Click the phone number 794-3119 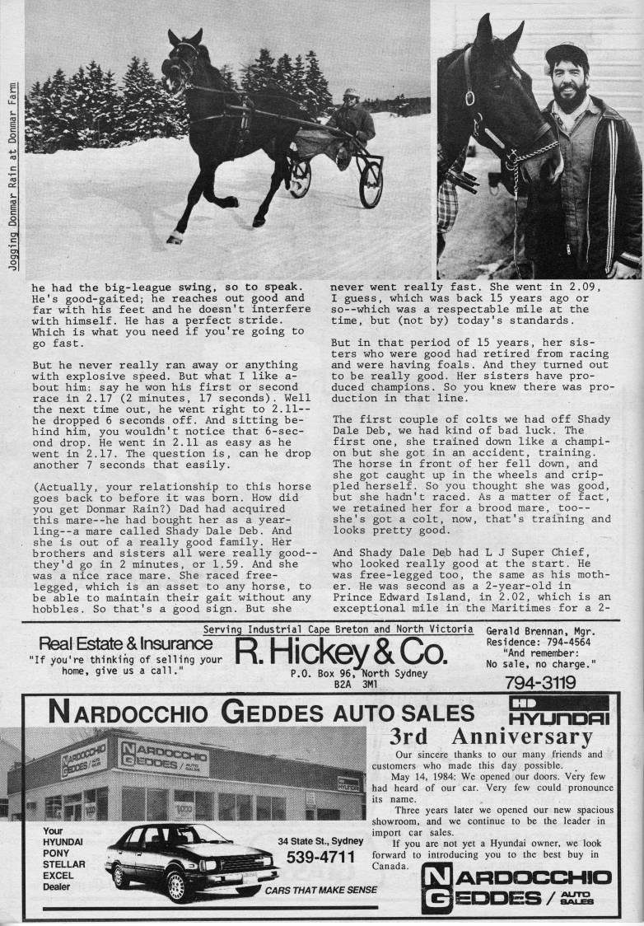point(540,682)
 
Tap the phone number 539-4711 point(320,858)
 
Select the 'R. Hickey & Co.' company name point(341,653)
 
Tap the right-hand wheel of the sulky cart point(371,182)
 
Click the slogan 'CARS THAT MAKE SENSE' point(320,890)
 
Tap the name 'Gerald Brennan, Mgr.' point(539,630)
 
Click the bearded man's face point(567,83)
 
